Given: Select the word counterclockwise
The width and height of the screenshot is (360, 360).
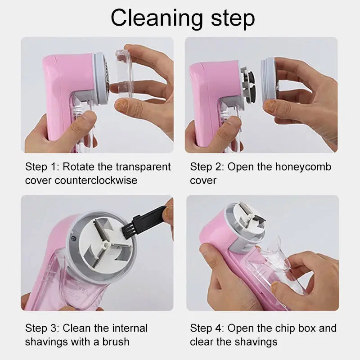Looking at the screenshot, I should point(96,180).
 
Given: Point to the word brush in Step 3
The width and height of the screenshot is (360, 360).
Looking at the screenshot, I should point(115,342).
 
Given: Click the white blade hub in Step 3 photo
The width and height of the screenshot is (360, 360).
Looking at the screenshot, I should point(105,243).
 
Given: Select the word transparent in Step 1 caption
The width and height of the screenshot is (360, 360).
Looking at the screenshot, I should point(143,167).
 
